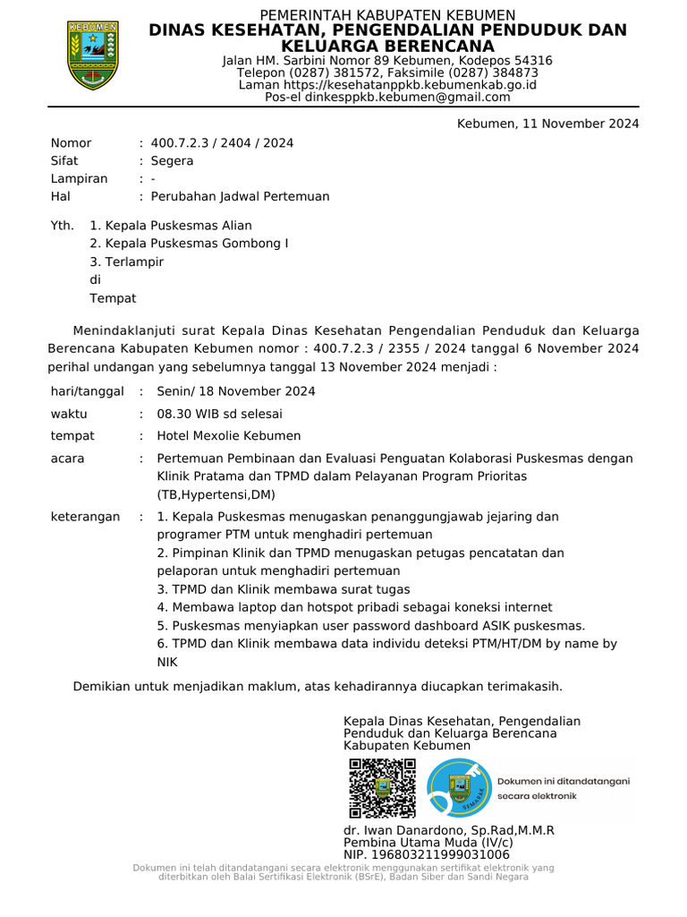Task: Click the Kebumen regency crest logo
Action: [x=92, y=55]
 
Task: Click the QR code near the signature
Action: [x=382, y=788]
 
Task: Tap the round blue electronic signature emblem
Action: [x=459, y=788]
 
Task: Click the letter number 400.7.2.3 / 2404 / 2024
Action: [x=222, y=143]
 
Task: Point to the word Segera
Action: [x=172, y=161]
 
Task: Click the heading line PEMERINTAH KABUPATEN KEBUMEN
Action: [x=387, y=15]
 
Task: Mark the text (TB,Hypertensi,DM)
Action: [x=216, y=494]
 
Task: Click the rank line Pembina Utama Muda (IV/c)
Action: [x=428, y=843]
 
